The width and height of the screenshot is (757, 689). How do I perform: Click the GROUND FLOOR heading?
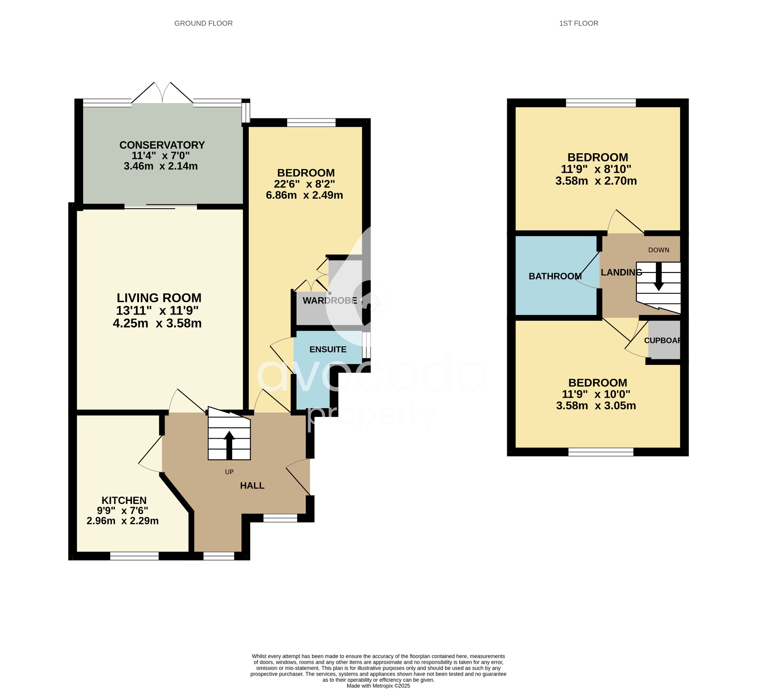tap(204, 23)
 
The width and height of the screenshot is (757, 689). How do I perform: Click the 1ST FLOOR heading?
tap(578, 23)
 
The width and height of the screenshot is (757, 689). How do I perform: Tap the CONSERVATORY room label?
tap(162, 145)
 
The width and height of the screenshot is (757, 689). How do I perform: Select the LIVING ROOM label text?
tap(159, 298)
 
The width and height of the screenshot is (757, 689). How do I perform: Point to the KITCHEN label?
tap(124, 500)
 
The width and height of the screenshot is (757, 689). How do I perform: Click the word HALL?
tap(252, 485)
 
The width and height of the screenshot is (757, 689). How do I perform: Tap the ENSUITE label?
tap(328, 350)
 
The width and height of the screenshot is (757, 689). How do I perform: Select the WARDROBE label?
tap(330, 301)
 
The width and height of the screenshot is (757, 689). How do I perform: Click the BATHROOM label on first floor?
tap(555, 276)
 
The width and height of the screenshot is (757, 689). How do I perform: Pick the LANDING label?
tap(621, 272)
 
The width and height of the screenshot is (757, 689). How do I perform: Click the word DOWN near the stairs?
tap(659, 250)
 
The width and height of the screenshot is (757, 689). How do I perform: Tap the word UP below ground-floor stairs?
tap(229, 472)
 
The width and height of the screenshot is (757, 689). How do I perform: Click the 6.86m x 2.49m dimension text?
tap(304, 195)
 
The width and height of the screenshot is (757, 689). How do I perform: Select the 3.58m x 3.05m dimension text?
tap(596, 406)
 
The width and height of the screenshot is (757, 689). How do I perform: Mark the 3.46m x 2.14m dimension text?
tap(161, 166)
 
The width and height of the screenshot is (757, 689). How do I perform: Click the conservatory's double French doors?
tap(162, 94)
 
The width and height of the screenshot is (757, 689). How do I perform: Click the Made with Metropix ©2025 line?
tap(378, 686)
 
